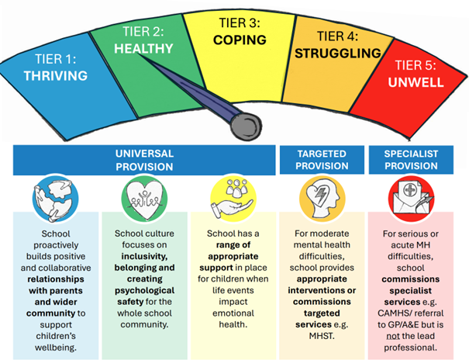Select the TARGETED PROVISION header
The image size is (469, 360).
[x=322, y=159]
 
